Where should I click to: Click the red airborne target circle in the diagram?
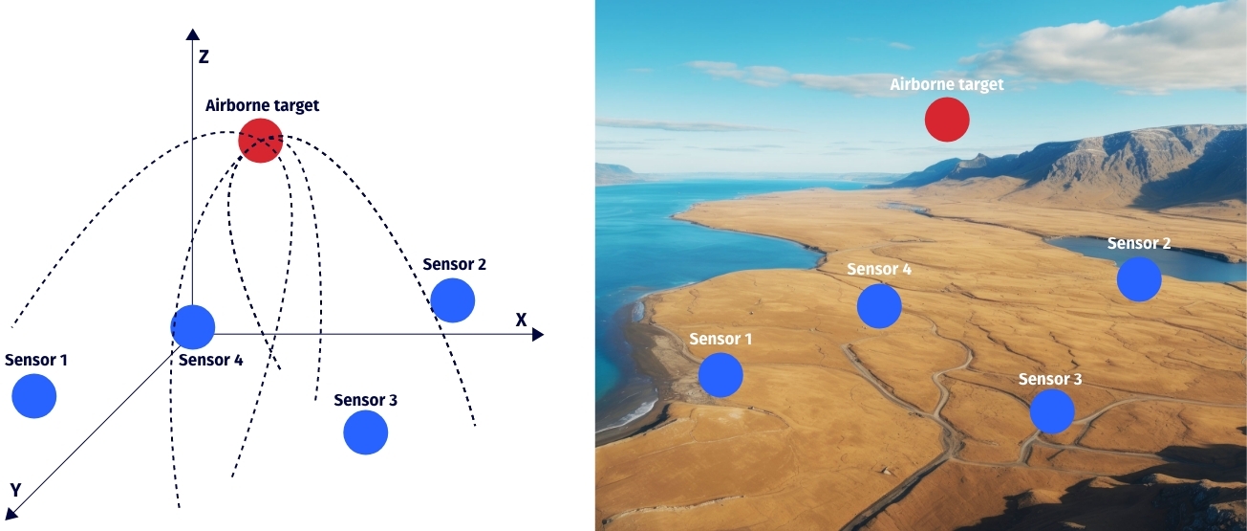coord(260,140)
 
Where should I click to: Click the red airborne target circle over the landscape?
coord(947,120)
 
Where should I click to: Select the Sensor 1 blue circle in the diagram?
coord(34,396)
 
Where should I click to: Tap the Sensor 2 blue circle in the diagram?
coord(452,300)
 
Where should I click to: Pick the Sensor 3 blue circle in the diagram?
coord(366,432)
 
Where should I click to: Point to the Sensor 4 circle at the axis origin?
coord(193,327)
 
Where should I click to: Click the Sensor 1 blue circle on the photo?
coord(720,375)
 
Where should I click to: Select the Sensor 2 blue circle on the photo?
coord(1139,279)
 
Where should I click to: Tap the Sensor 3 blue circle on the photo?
coord(1052,410)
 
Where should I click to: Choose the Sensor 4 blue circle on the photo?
coord(879,306)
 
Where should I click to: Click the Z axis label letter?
coord(204,57)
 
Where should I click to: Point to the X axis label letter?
coord(521,320)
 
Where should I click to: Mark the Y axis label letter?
coord(15,490)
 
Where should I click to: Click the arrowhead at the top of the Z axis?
coord(191,34)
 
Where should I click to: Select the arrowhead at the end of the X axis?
coord(538,335)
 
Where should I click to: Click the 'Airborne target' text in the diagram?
coord(262,105)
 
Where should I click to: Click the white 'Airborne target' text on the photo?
coord(946,84)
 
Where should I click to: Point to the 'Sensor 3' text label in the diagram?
coord(365,400)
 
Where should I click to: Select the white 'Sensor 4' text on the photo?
coord(879,270)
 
